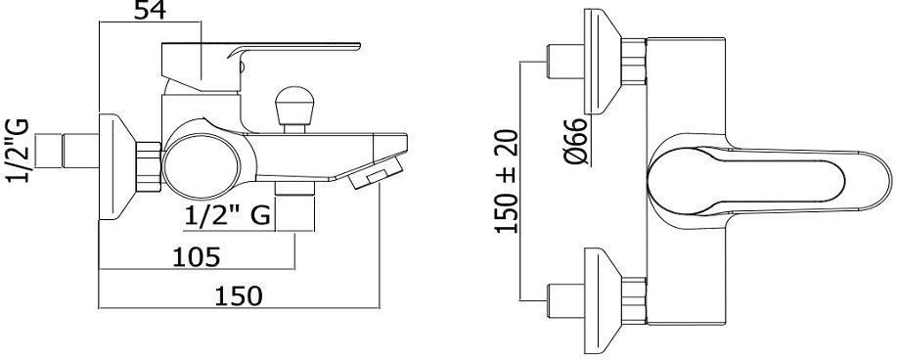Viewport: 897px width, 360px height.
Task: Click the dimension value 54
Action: (150, 10)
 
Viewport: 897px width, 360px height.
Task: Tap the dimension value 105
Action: (197, 257)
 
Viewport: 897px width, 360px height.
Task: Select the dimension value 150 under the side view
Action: (239, 296)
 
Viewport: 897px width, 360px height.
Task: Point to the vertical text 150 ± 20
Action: (507, 181)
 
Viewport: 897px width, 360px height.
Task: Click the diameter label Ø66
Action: (576, 142)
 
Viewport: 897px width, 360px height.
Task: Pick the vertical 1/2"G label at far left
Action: (18, 151)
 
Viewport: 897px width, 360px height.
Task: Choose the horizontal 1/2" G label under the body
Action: (228, 216)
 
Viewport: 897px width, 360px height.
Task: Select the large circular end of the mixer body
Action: (201, 166)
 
